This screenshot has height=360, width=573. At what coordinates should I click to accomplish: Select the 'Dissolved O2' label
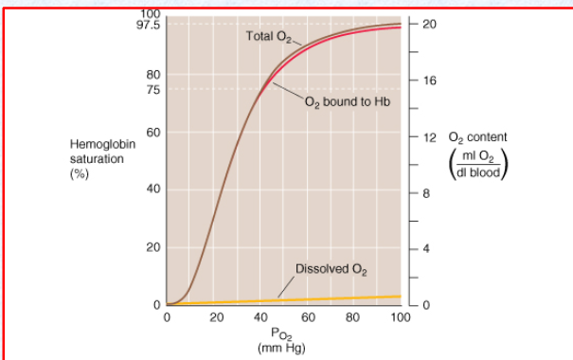coord(331,268)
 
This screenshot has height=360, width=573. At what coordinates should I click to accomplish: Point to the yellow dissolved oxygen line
coord(284,300)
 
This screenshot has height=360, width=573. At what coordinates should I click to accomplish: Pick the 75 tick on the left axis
coord(153,89)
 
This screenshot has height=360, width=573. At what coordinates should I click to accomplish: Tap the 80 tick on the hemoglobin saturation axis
coord(153,75)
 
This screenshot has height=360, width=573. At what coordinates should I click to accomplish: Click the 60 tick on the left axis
coord(153,133)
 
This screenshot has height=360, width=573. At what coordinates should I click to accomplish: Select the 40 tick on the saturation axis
coord(153,190)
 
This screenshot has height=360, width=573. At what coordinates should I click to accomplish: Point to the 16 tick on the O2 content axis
coord(428,81)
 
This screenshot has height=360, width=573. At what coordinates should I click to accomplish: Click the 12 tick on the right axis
coord(428,138)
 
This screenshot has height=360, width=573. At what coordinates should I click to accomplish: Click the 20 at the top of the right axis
coord(428,24)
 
